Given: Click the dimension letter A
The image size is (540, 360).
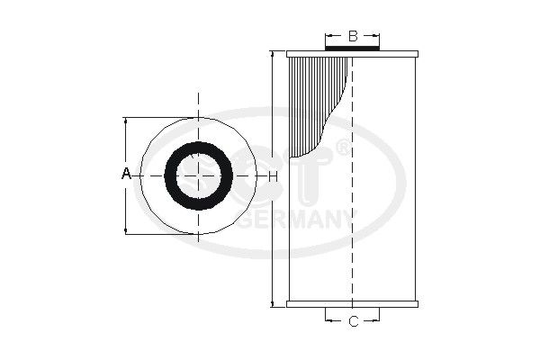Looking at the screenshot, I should tap(126, 173).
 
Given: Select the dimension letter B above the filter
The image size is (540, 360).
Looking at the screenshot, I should tap(353, 36).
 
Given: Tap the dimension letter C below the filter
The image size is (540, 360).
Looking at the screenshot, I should tap(353, 320).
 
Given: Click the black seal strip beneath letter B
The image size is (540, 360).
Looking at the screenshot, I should tap(353, 49).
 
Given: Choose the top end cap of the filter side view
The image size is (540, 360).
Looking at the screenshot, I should tap(353, 54).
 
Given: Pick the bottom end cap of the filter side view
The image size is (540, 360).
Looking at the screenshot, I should tap(353, 301).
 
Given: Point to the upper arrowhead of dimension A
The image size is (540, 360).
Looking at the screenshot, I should tap(126, 121).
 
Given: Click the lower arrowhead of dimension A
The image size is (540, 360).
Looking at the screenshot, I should tap(126, 230).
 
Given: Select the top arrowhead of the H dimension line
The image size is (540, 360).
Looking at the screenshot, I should tap(272, 55).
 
